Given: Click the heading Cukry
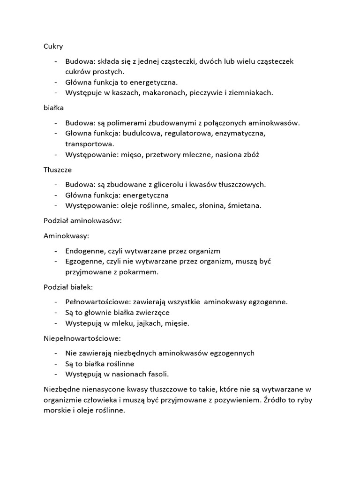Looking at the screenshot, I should click(x=53, y=46).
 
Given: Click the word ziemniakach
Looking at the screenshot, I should click(x=252, y=92).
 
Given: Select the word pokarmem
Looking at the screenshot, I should click(x=138, y=271).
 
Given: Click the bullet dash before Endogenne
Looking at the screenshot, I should click(x=56, y=251).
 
